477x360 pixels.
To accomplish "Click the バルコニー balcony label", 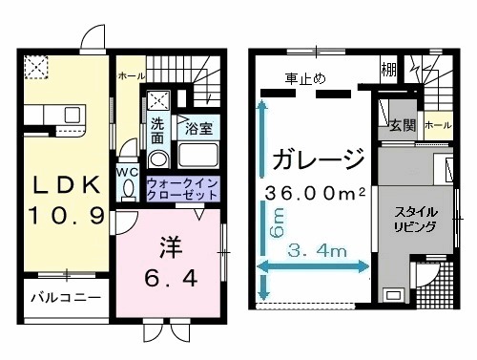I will pyautogui.click(x=64, y=297).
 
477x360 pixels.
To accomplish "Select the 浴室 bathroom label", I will pyautogui.click(x=198, y=127).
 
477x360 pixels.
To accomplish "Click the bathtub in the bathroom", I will pyautogui.click(x=200, y=157).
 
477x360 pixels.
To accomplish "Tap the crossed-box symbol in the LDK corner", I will pyautogui.click(x=37, y=67).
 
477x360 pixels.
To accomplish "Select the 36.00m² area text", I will pyautogui.click(x=316, y=192).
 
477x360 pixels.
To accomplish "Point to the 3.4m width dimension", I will pyautogui.click(x=317, y=252).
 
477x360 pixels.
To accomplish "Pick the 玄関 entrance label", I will pyautogui.click(x=402, y=124).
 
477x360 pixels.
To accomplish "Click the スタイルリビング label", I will pyautogui.click(x=418, y=220).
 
